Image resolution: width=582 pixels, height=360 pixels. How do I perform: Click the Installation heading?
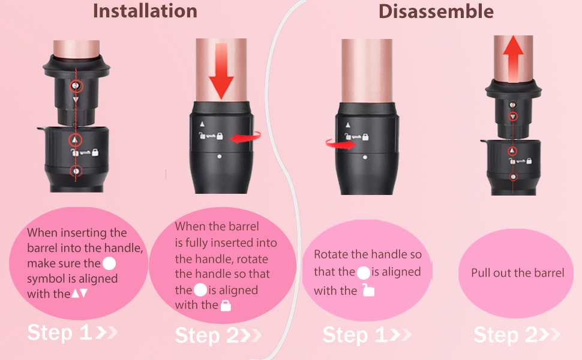[x=145, y=11]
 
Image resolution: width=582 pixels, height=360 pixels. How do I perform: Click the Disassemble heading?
[x=436, y=11]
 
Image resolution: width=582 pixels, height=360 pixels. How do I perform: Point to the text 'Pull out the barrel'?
[x=518, y=273]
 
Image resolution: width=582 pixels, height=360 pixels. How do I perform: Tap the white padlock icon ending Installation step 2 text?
[x=226, y=305]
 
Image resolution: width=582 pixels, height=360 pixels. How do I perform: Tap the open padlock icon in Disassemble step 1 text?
[x=368, y=290]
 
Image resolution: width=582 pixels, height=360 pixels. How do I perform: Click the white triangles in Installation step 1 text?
[x=80, y=294]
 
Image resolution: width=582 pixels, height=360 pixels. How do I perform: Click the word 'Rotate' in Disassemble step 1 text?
[x=330, y=254]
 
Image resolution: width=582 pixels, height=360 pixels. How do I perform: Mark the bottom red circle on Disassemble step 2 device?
[x=513, y=177]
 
